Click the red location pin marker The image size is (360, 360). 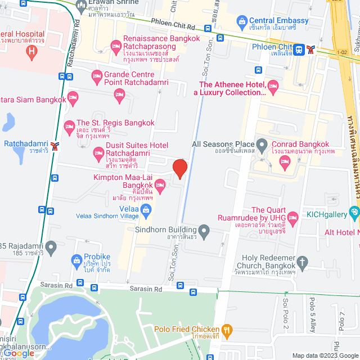coord(179,168)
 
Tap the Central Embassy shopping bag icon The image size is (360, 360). coord(242,24)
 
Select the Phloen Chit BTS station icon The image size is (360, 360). coord(310,49)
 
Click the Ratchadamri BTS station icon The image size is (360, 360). coord(55,146)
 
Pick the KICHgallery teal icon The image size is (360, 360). coord(354,213)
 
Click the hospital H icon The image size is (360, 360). coord(32,53)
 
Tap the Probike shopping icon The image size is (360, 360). coord(77,260)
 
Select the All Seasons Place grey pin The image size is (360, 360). coord(262,144)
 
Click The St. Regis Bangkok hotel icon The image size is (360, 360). coord(69,125)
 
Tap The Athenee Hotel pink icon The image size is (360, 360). coord(273,86)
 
